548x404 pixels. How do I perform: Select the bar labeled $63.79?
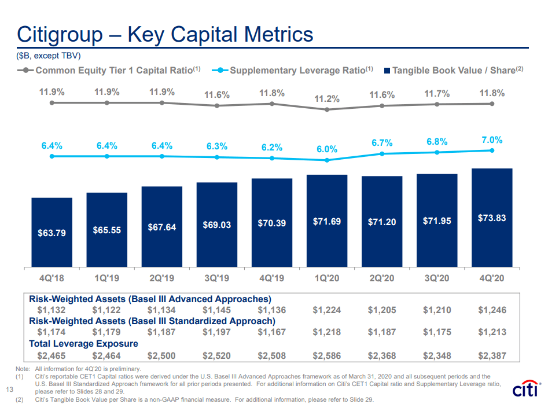[52, 232]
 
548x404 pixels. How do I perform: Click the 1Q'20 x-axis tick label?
[326, 278]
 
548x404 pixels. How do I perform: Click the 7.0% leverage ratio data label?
[491, 140]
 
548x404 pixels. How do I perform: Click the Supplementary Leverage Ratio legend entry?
[295, 71]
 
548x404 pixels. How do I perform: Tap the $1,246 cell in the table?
[492, 310]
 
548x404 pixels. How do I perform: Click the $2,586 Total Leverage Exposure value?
[327, 355]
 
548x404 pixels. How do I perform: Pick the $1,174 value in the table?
[52, 332]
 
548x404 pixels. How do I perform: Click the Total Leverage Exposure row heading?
[84, 344]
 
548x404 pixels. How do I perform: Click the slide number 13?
[9, 388]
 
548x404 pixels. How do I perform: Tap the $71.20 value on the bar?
[382, 222]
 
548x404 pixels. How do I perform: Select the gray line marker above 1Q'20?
[327, 109]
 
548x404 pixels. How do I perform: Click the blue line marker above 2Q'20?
[382, 154]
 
